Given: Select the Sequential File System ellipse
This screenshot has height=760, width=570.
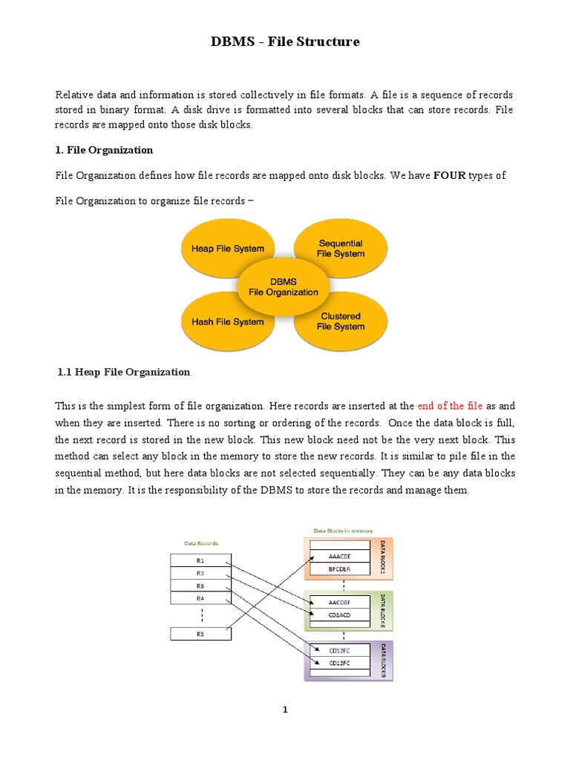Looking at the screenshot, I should (341, 248).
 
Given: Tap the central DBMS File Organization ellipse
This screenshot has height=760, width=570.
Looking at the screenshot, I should (283, 286).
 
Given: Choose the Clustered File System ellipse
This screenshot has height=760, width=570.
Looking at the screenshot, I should (341, 321).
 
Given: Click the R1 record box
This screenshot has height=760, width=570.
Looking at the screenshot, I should (200, 560).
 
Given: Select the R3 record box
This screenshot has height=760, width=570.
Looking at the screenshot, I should (200, 573).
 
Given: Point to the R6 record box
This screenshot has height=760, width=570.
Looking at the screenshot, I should (200, 586).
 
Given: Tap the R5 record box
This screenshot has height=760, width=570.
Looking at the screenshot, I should (200, 633).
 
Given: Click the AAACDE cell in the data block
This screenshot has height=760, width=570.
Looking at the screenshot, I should (338, 556).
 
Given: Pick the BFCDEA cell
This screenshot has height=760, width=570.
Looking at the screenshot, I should (338, 569).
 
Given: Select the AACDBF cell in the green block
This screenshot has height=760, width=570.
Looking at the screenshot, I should (338, 602).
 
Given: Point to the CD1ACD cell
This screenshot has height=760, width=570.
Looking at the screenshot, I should (338, 615).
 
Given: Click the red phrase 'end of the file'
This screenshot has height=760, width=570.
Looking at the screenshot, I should (450, 406).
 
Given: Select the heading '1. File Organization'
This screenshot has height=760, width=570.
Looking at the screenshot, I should (104, 150).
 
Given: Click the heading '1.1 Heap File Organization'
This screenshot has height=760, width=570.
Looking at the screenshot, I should (123, 372).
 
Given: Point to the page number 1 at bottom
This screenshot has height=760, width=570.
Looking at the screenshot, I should (284, 710).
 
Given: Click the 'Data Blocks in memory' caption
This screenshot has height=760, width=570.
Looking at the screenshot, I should (343, 531).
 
